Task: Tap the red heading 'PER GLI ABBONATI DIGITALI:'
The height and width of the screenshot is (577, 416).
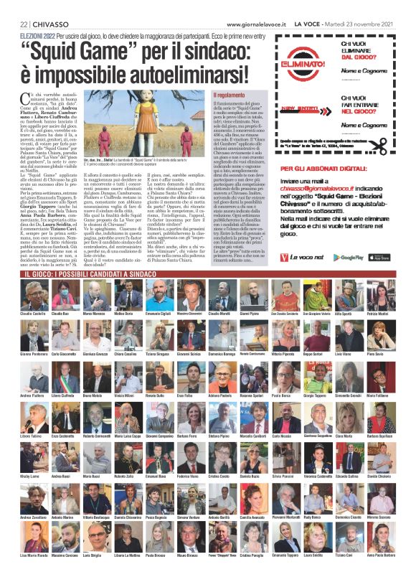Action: click(x=320, y=168)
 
